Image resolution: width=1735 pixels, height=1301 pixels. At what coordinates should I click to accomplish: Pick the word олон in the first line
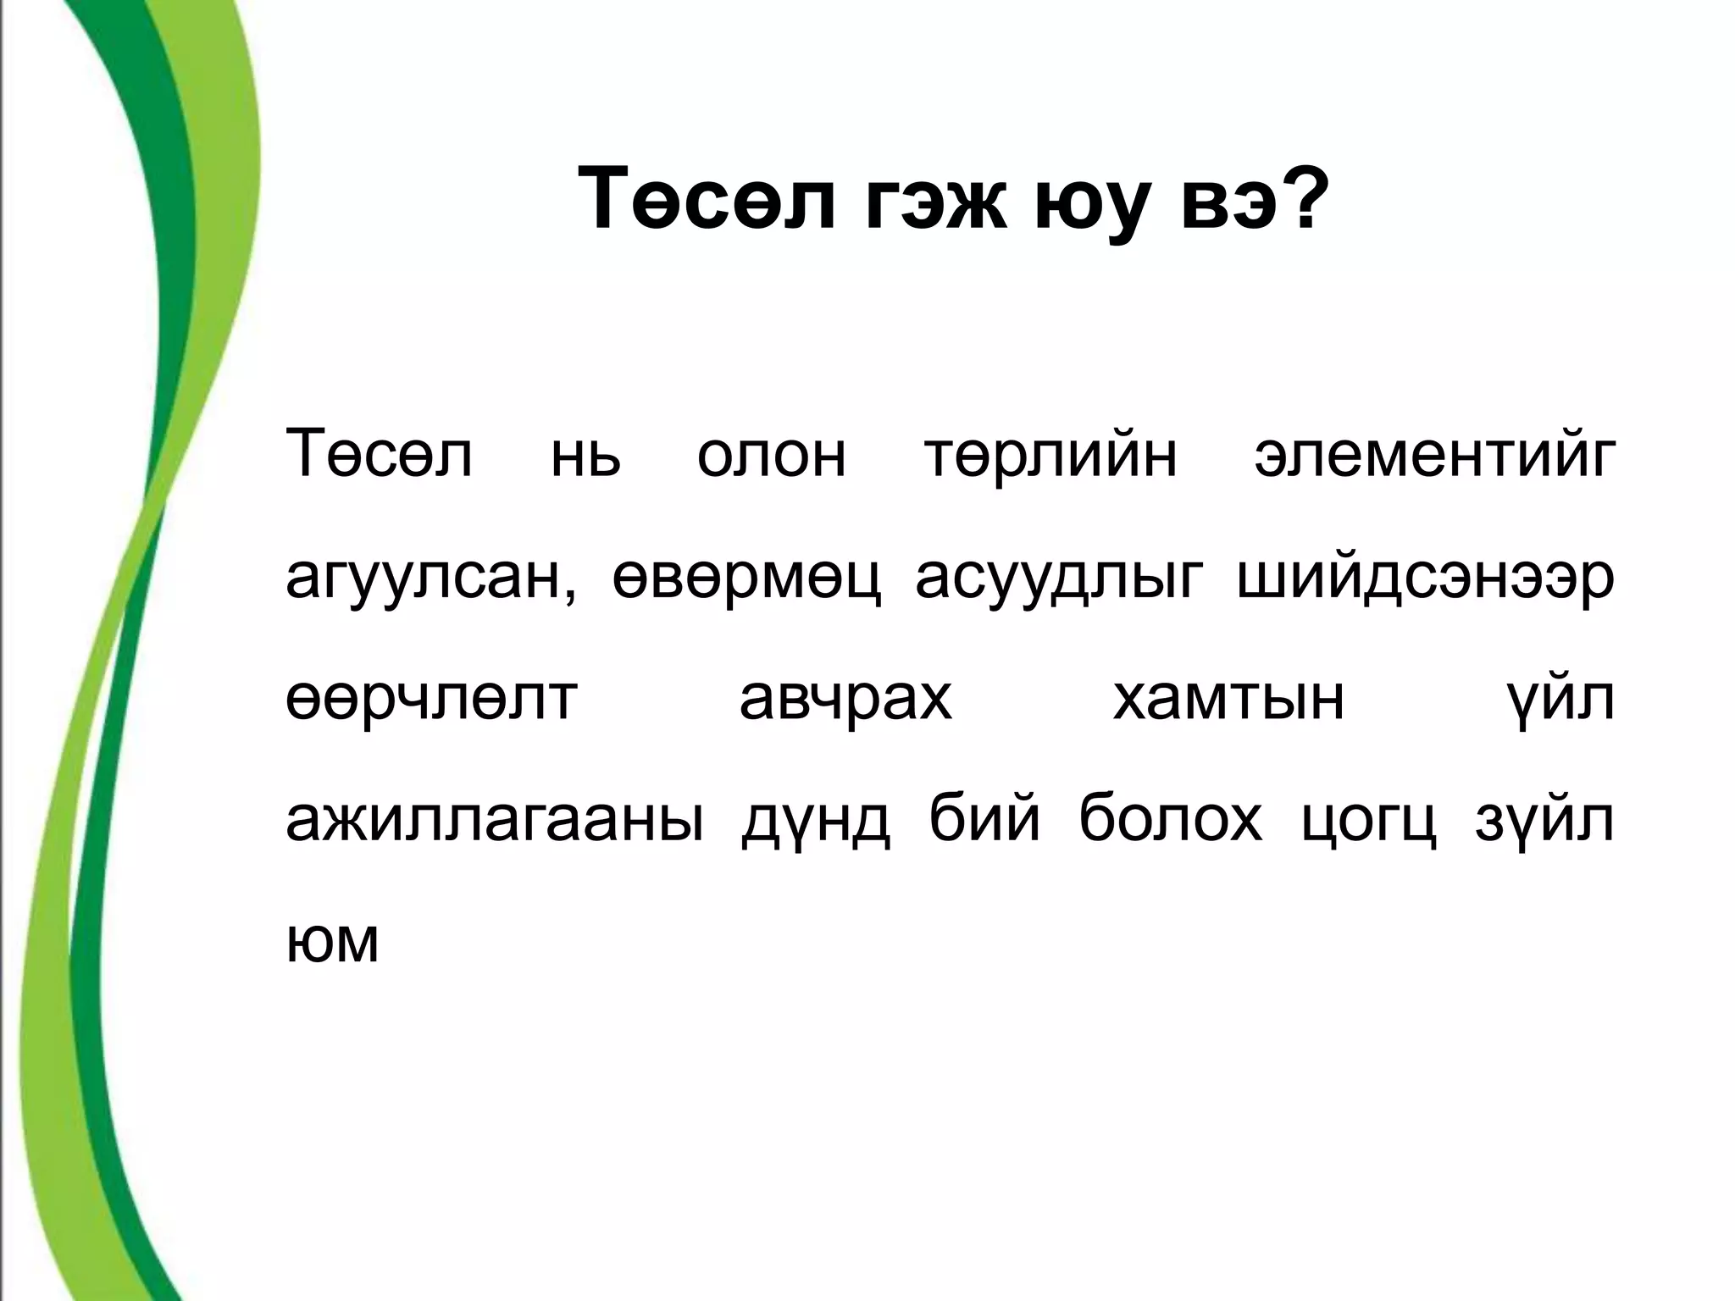[771, 457]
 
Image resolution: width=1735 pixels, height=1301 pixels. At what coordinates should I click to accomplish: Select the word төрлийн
[1050, 457]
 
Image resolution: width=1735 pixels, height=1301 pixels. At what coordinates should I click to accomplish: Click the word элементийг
[1434, 457]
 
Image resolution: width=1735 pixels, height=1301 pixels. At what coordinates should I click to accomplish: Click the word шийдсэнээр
[1426, 580]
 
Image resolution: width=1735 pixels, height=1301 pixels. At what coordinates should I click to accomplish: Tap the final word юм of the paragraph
[332, 942]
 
